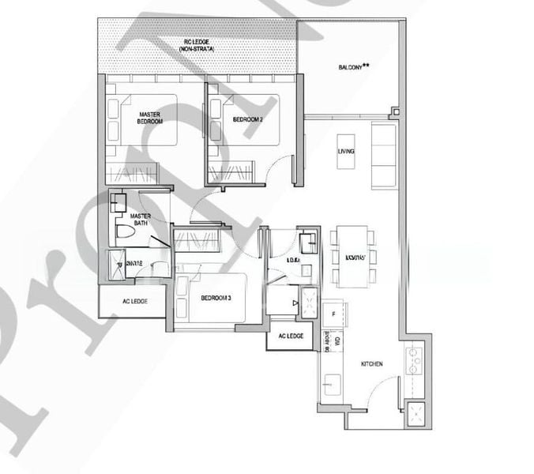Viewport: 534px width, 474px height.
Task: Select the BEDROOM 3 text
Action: point(216,298)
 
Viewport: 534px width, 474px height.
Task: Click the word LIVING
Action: point(345,151)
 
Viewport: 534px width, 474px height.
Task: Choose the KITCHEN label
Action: point(371,364)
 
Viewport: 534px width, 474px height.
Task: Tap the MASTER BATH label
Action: point(141,219)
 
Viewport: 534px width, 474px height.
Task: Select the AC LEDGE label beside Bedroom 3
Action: point(133,301)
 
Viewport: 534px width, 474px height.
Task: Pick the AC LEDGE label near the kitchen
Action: point(291,337)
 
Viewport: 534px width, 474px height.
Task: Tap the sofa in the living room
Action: point(385,155)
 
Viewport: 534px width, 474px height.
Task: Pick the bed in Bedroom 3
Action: point(211,299)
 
